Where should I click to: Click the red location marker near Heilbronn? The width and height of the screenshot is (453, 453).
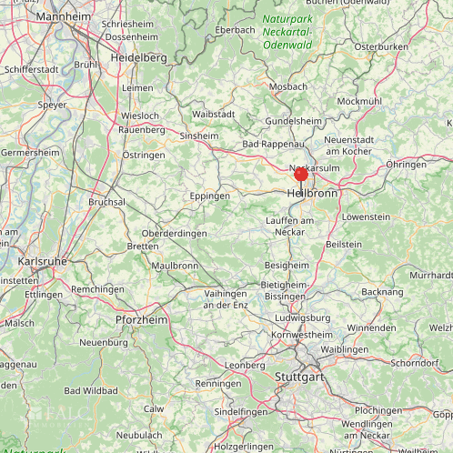301,174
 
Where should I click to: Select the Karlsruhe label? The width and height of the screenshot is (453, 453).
42,261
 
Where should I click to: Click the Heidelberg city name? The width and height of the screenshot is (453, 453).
138,56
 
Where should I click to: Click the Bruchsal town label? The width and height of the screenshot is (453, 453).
106,202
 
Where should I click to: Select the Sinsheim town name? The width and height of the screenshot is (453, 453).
199,136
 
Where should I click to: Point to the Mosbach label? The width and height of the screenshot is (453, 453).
287,86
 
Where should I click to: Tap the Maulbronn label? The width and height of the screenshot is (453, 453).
175,266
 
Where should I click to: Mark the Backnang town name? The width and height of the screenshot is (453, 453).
382,292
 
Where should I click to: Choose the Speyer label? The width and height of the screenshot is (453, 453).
52,105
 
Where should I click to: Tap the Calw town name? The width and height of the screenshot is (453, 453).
154,408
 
